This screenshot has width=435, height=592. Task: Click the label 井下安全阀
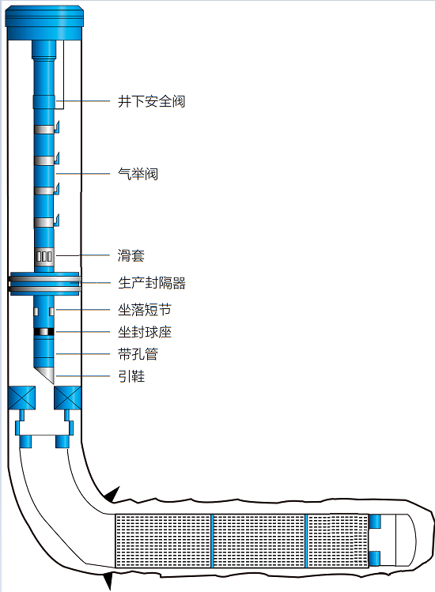point(151,101)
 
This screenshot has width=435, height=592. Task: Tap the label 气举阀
point(138,174)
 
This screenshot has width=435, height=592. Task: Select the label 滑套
point(130,255)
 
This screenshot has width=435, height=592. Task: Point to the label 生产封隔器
point(152,283)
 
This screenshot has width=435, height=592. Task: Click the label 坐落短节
point(145,310)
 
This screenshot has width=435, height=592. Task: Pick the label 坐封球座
point(145,332)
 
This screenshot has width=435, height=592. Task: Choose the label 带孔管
point(138,354)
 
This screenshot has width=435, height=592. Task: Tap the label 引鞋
point(131,376)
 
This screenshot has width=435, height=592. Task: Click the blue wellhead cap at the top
point(44,23)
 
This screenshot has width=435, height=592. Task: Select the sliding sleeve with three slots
point(44,256)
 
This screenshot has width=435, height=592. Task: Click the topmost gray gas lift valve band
point(44,130)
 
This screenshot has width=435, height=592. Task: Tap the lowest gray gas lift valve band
point(44,222)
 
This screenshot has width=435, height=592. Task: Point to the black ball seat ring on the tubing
point(43,332)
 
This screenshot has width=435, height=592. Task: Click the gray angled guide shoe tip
point(46,373)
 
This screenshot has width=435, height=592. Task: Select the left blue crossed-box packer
point(21,398)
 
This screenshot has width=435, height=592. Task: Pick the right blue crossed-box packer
point(68,398)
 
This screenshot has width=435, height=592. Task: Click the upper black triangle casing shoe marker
point(112,494)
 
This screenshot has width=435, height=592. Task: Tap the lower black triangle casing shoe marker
point(108,581)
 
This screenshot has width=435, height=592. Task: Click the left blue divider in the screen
point(213,541)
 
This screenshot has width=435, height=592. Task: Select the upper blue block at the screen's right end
point(375,522)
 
